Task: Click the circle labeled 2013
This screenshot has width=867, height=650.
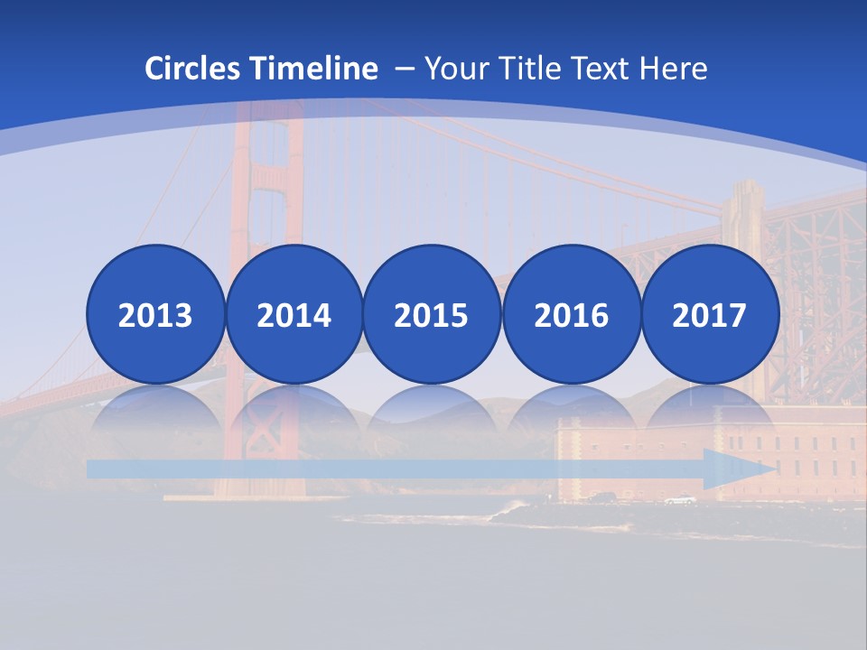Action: (155, 314)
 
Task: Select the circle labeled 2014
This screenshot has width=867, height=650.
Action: (294, 314)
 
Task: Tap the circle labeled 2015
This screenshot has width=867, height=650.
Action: (432, 314)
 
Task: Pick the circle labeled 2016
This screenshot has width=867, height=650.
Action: (571, 314)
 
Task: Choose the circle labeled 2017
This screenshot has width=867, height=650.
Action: (710, 314)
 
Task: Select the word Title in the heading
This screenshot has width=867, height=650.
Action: (524, 69)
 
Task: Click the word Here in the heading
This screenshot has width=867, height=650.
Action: (673, 69)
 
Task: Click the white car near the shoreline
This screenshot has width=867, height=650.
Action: (680, 499)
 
